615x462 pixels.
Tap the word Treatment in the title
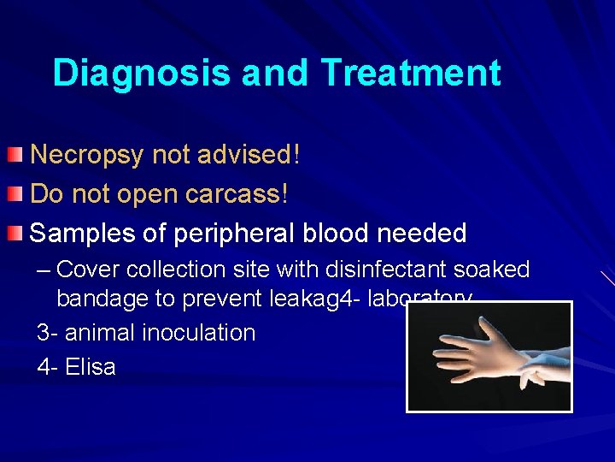[x=411, y=74]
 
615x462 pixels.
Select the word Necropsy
[x=88, y=155]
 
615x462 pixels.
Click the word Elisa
[x=90, y=366]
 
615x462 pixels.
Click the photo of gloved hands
[x=489, y=357]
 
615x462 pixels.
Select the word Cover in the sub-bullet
[x=88, y=269]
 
